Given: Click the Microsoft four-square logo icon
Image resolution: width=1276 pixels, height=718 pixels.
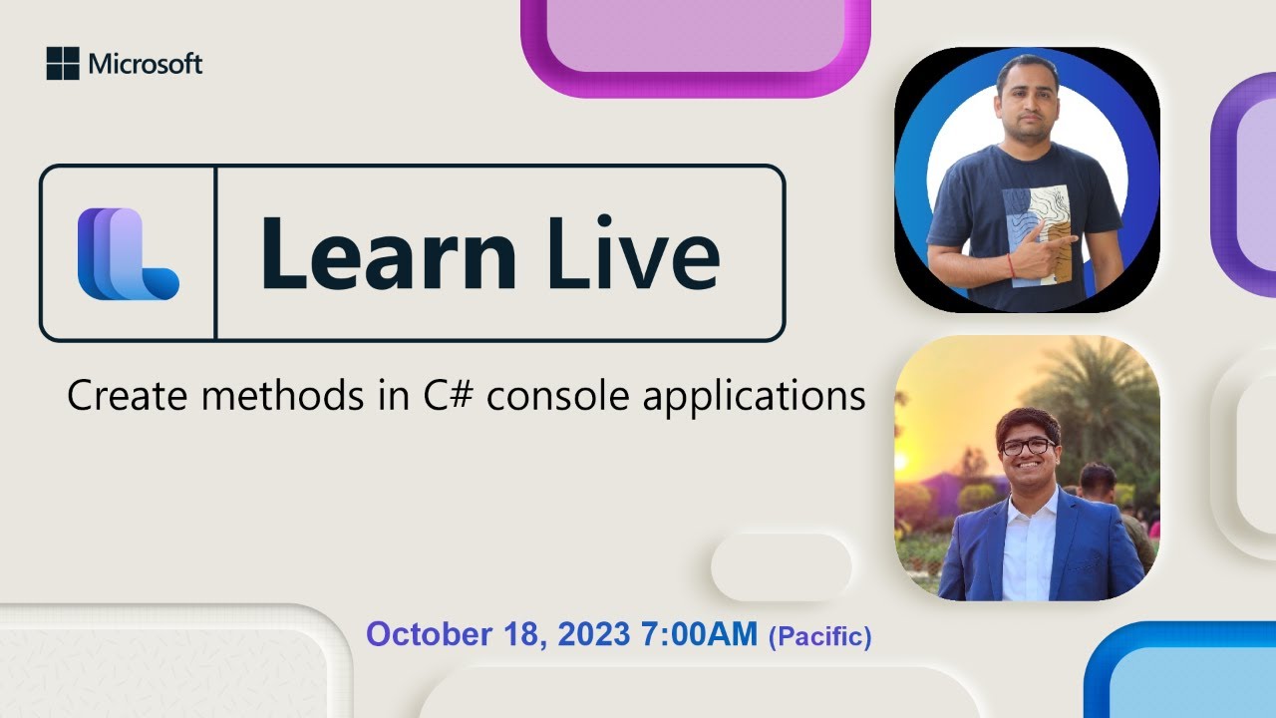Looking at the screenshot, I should click(62, 64).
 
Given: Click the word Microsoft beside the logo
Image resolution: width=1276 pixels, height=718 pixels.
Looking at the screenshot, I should click(146, 65).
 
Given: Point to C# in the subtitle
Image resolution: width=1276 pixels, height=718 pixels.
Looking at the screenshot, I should click(437, 396).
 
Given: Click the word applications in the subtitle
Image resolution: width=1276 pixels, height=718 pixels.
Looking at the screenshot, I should click(754, 397).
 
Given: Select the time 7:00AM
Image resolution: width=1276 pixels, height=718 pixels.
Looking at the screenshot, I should click(695, 634).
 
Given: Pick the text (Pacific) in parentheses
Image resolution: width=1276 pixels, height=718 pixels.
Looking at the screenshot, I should click(819, 636).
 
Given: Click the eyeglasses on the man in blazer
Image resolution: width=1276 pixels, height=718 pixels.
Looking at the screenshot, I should click(1027, 447).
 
